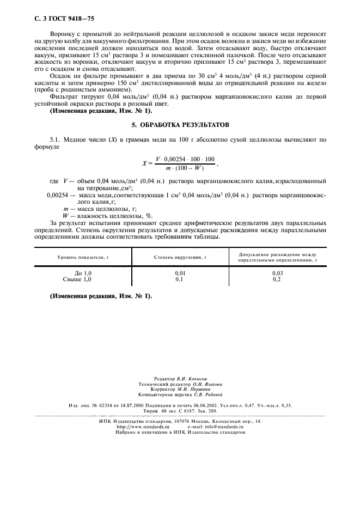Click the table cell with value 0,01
pos(180,272)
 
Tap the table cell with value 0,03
pos(277,272)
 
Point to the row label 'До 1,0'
pos(83,272)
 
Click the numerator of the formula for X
pos(185,158)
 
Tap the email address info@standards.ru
pos(224,427)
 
